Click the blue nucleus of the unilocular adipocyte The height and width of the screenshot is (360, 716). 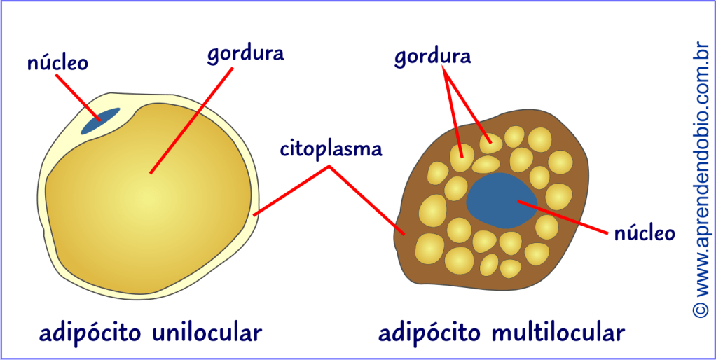coord(99,121)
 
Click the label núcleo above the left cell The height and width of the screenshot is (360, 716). coord(57,62)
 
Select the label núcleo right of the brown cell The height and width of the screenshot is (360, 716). coord(644,233)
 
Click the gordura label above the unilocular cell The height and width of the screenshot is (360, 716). coord(245,55)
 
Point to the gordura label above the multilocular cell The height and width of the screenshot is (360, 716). coord(432,57)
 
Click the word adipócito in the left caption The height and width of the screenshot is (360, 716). coord(89,333)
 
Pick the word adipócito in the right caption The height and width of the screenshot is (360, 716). coord(428,333)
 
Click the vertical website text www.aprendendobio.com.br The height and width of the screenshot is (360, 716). coord(700,168)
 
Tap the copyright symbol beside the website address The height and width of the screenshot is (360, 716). coord(700,309)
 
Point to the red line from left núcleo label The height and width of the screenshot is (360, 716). coord(77,96)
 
